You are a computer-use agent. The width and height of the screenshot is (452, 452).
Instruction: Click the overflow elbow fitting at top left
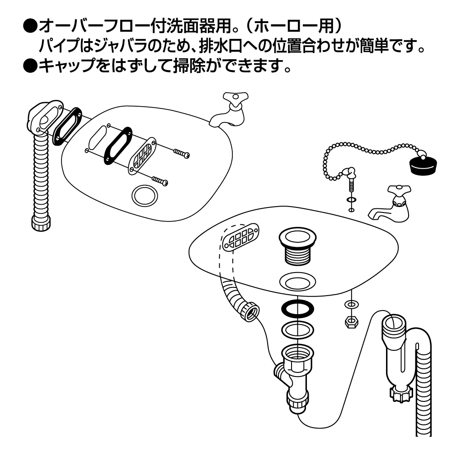pos(42,118)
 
